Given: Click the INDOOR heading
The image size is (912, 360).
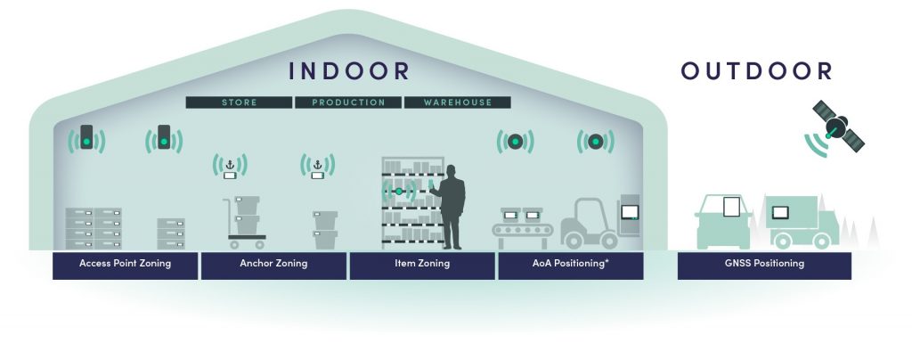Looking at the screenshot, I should [x=348, y=70].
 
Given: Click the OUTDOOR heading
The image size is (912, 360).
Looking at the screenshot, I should [x=757, y=70].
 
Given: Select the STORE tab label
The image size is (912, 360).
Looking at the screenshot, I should [x=239, y=102].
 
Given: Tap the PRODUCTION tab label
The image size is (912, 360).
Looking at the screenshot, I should [x=348, y=102].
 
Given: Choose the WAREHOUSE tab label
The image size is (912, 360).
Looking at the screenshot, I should [x=457, y=102].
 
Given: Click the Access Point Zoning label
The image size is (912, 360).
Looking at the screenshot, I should [x=125, y=264].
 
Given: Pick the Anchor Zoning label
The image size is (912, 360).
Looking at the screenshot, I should [x=273, y=264].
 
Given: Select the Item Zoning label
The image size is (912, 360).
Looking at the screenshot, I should [x=421, y=264].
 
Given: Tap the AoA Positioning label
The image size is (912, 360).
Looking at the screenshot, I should [x=571, y=264].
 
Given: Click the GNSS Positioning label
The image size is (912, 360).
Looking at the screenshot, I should [x=764, y=264].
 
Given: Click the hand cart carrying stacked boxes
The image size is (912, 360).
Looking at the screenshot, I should [x=245, y=223].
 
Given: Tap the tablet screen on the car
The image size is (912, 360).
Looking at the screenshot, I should [x=731, y=207].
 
